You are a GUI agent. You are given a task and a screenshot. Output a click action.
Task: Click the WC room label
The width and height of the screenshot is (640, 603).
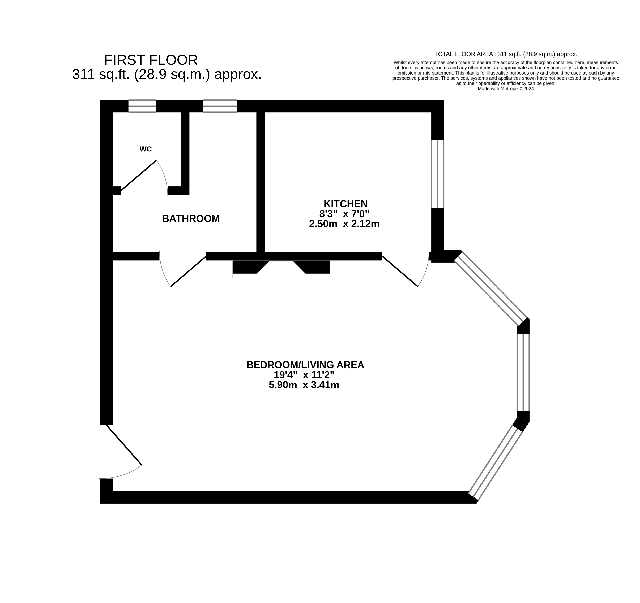146,149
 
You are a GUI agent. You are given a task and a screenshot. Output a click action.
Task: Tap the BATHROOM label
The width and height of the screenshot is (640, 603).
191,219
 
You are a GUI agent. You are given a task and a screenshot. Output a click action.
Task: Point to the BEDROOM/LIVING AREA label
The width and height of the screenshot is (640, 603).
305,365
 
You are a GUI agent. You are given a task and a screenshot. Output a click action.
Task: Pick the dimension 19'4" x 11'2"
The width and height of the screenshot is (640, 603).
304,375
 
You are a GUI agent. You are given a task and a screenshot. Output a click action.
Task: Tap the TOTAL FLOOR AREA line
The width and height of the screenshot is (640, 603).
506,54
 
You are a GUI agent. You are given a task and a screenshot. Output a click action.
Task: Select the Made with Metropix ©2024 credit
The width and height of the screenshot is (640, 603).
506,89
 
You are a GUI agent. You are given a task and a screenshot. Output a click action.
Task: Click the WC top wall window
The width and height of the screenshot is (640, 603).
142,106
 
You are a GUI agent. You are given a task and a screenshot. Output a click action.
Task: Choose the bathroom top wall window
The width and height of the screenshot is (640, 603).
220,106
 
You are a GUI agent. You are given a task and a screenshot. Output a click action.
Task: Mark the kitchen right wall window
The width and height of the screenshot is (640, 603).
437,174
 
